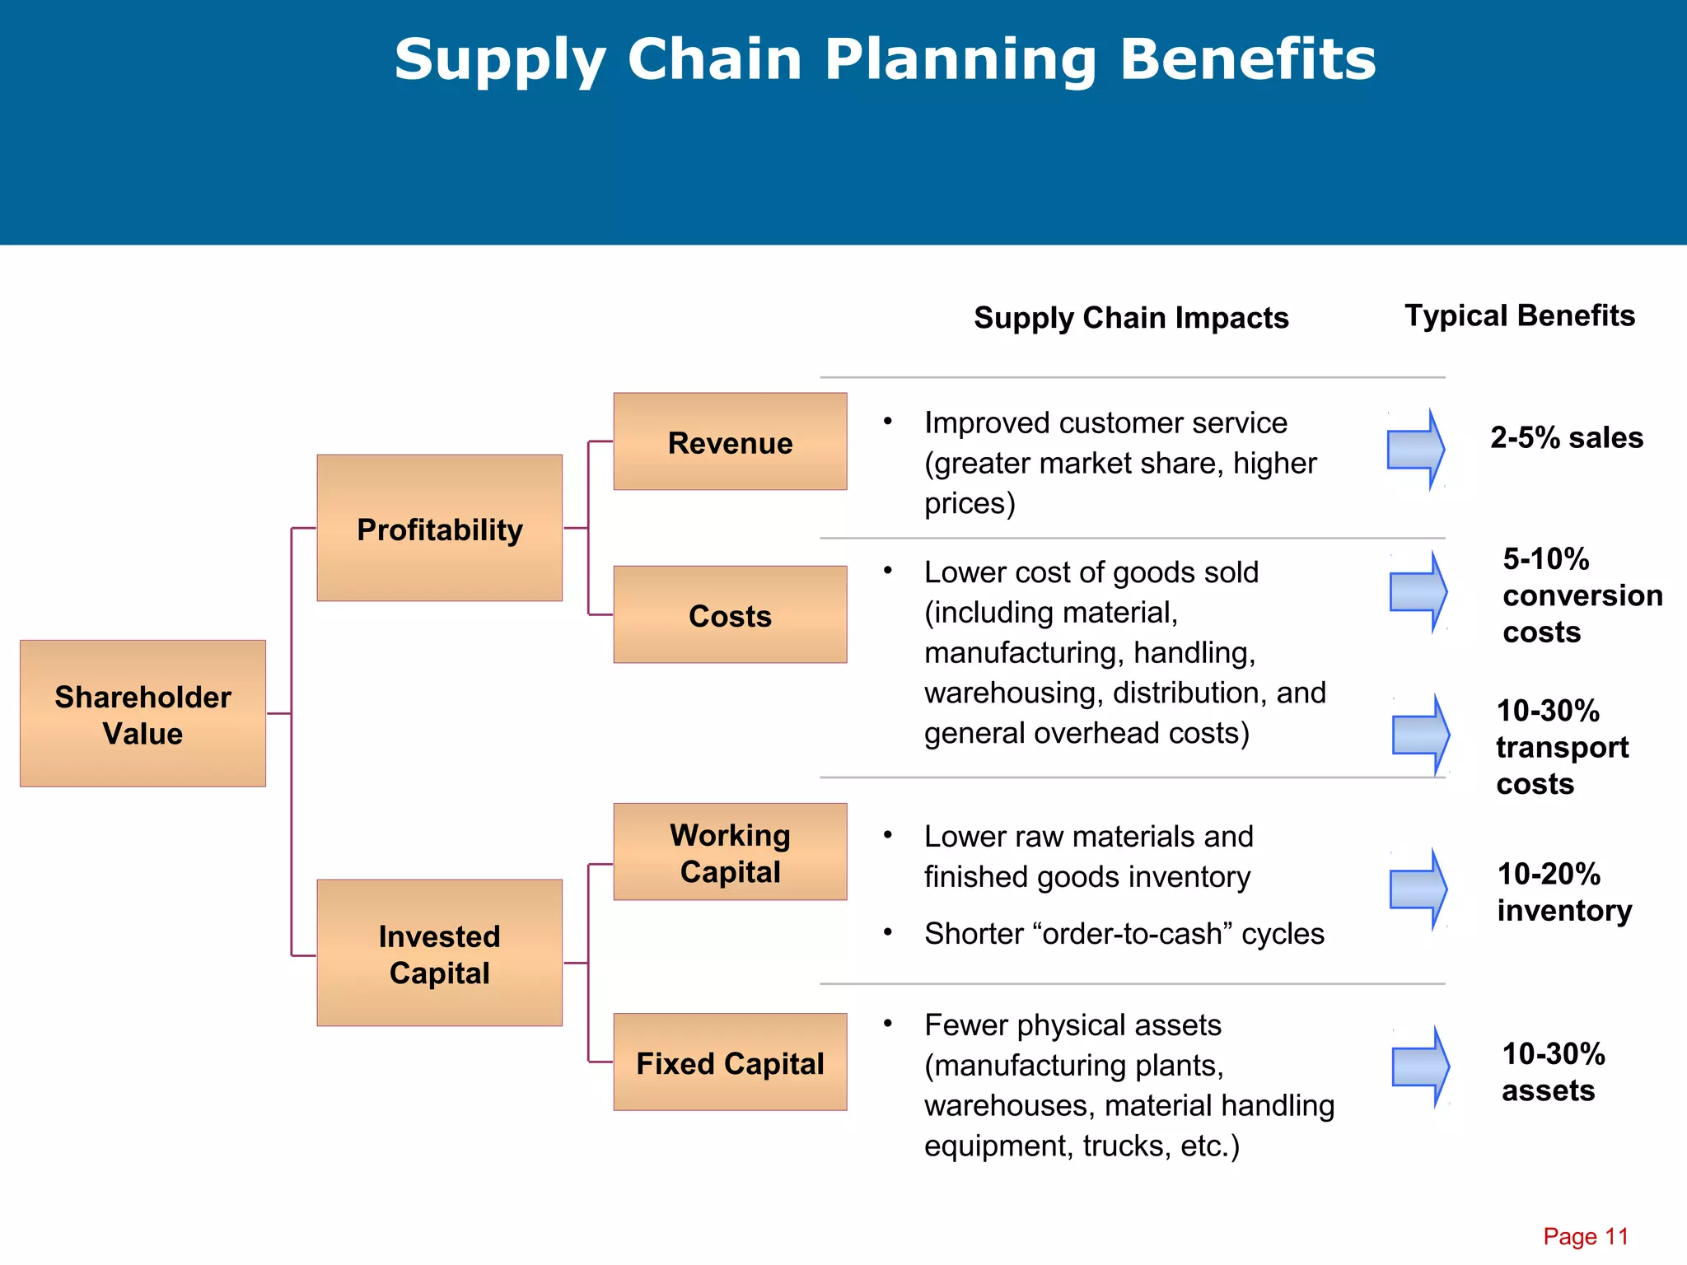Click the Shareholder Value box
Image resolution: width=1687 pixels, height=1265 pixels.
coord(143,713)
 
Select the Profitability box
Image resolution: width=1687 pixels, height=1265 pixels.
coord(439,528)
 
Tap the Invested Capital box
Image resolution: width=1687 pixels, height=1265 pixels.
coord(439,953)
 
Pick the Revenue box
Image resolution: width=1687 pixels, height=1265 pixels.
coord(730,441)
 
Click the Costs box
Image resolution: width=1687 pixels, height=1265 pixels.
coord(730,614)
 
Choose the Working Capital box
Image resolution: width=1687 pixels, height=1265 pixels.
coord(730,852)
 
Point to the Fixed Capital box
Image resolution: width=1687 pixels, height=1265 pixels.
coord(730,1062)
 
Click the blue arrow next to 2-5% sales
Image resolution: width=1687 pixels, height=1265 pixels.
coord(1416,450)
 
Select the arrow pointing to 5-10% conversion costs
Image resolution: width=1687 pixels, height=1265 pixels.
coord(1418,592)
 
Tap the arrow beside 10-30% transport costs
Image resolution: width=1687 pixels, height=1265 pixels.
coord(1421,735)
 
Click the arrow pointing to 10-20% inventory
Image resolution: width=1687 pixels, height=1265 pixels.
coord(1418,889)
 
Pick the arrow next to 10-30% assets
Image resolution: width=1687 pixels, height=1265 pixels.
coord(1421,1067)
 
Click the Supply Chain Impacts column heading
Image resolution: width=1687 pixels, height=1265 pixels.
coord(1131,318)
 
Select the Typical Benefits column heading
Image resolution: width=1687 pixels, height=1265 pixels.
coord(1519,315)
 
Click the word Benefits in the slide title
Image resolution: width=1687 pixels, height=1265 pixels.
coord(1247,59)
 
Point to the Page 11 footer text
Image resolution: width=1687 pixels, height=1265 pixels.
coord(1586,1236)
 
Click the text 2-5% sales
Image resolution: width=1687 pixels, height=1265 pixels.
coord(1566,437)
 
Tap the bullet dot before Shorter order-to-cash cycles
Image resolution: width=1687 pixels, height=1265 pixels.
coord(888,932)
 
